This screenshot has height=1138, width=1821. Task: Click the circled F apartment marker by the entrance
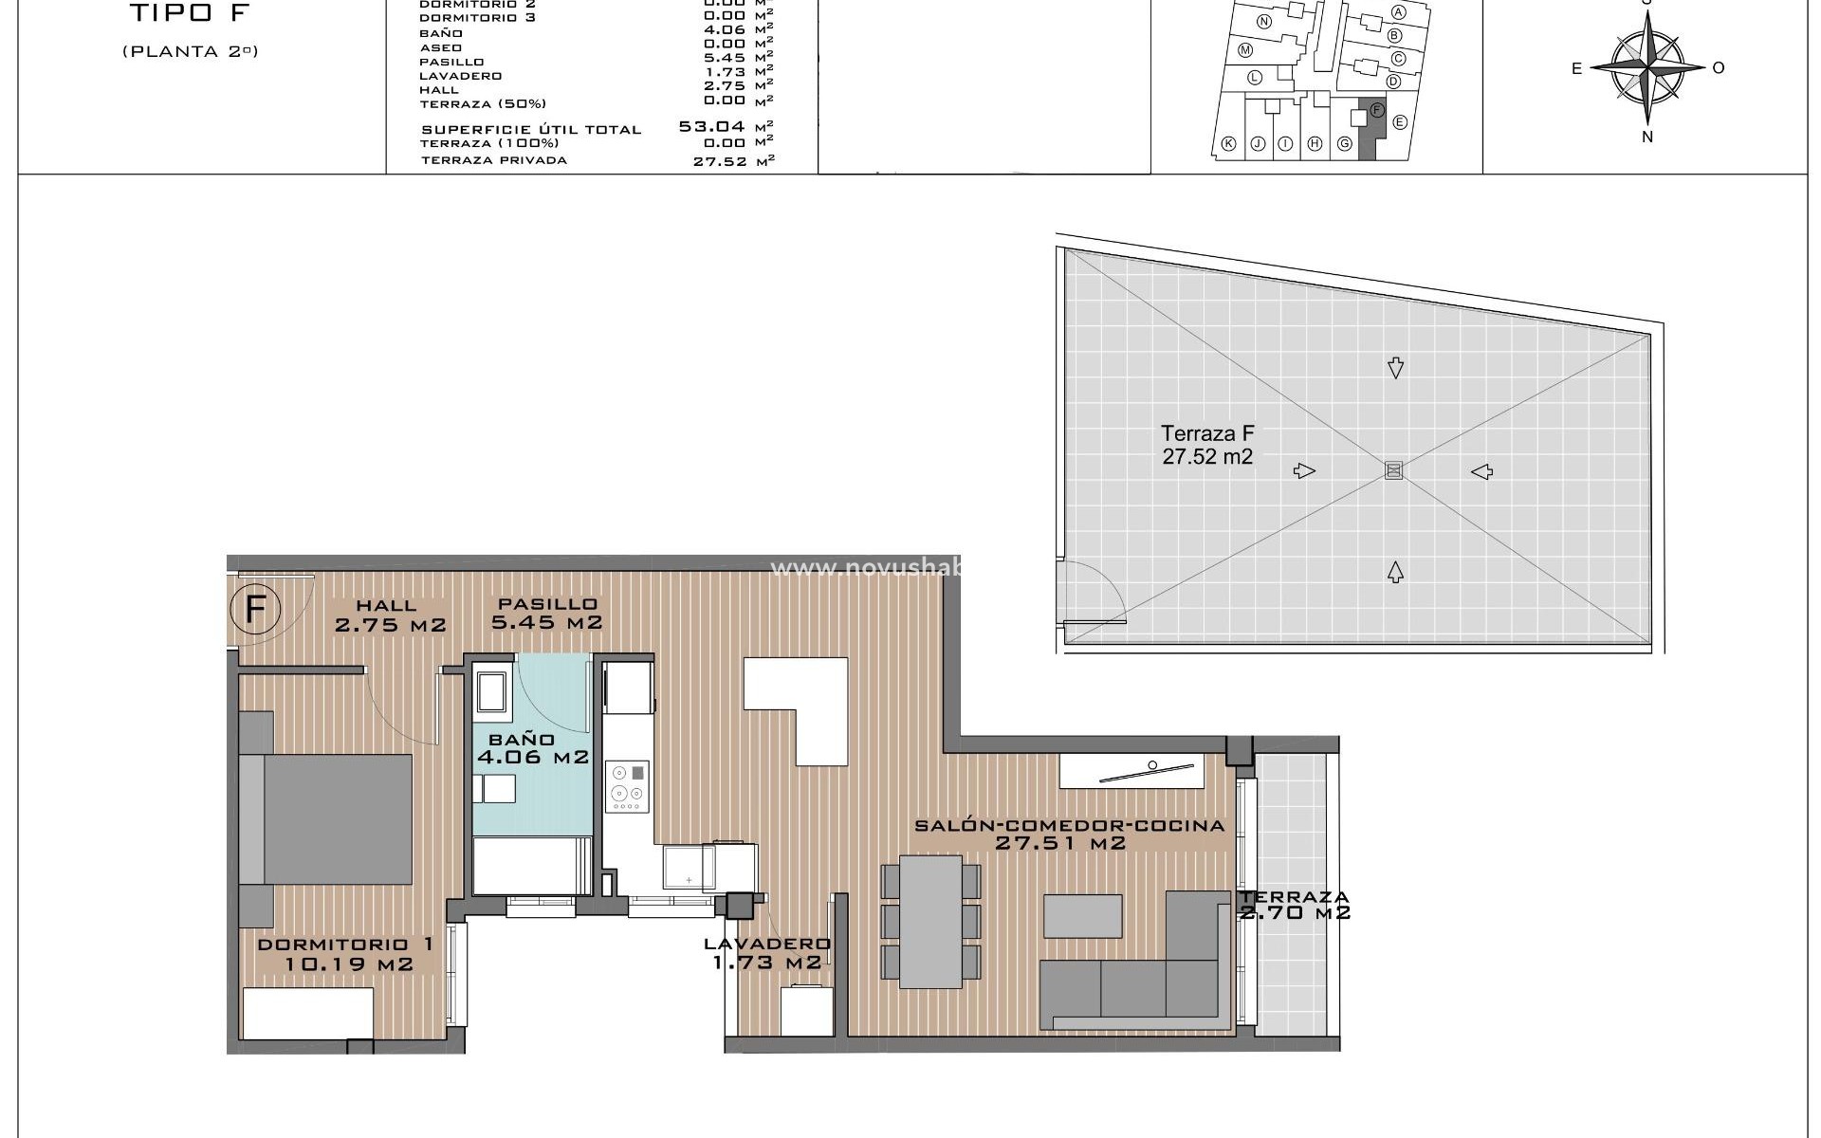[x=255, y=609]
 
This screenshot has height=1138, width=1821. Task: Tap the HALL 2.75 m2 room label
[x=389, y=615]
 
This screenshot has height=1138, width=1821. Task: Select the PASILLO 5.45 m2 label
[x=547, y=613]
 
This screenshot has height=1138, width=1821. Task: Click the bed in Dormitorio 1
[x=326, y=819]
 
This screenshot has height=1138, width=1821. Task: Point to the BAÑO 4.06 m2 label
[x=532, y=748]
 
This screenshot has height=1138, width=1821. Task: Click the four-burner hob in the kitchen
[x=627, y=786]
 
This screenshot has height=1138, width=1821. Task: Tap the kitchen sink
[x=689, y=867]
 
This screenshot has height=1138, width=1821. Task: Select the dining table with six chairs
[x=930, y=921]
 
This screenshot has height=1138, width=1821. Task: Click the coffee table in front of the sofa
[x=1083, y=915]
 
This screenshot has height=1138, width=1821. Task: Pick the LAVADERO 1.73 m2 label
[x=766, y=953]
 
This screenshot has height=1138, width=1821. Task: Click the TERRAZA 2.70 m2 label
[x=1295, y=905]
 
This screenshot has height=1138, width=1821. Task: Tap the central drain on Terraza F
[x=1393, y=470]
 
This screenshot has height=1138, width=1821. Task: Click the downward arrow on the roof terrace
[x=1394, y=368]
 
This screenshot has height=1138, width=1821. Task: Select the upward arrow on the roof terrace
[x=1395, y=571]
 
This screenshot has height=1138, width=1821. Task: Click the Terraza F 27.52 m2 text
[x=1207, y=445]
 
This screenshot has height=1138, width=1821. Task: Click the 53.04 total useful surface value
[x=712, y=126]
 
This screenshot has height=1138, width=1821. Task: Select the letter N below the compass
[x=1647, y=137]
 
